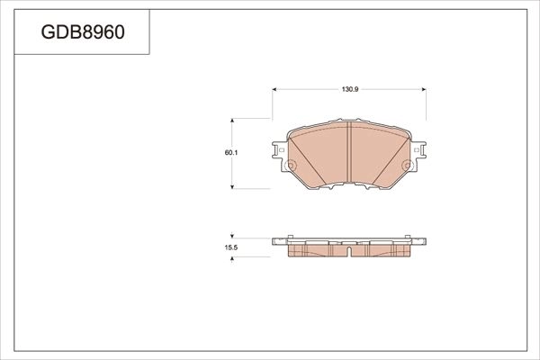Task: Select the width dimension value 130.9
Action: click(x=350, y=90)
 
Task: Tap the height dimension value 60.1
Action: click(x=230, y=153)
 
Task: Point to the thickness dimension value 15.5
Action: click(x=230, y=245)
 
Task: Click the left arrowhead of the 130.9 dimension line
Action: click(x=274, y=90)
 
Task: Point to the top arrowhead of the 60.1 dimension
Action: click(x=235, y=121)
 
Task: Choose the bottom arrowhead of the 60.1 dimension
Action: click(x=235, y=186)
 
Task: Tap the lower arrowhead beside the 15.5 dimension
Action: click(x=235, y=258)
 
